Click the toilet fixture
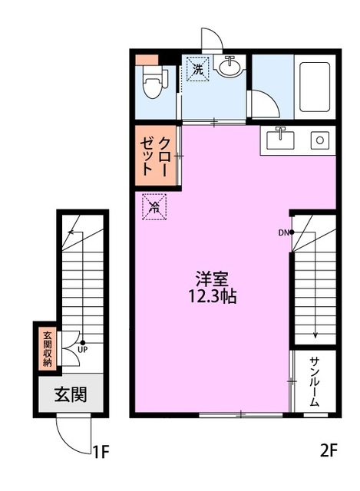(154, 81)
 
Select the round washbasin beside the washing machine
(230, 67)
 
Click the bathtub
(314, 87)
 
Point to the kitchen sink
(280, 140)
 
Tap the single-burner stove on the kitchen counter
(319, 140)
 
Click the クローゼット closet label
(155, 156)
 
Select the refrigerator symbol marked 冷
(154, 206)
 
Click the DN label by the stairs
(282, 232)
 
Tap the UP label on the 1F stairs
(83, 350)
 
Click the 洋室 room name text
(212, 278)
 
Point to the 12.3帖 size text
(212, 296)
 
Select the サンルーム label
(314, 381)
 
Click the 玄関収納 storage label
(48, 348)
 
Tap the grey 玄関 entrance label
(71, 394)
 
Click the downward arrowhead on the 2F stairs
(315, 335)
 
